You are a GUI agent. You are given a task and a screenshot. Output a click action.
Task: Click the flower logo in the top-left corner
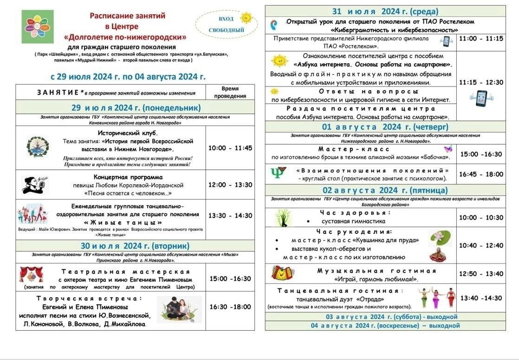38,26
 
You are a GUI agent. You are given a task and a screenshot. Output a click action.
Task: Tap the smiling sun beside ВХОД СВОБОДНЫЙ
246,18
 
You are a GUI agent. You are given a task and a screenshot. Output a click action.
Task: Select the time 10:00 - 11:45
230,148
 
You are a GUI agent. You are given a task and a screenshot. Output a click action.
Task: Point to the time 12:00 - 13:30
230,185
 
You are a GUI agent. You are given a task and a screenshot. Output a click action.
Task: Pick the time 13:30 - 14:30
230,215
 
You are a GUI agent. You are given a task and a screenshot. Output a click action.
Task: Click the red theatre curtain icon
32,275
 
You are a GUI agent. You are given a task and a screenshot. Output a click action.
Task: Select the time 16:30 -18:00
230,307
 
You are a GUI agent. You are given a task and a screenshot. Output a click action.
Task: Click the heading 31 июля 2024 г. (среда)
385,12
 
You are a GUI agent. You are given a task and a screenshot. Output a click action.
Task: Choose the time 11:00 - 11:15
481,39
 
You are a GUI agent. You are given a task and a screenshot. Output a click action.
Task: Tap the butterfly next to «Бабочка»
448,149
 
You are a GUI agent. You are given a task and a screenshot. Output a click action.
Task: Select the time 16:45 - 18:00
481,174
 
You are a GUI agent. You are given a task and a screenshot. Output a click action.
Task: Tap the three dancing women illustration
436,298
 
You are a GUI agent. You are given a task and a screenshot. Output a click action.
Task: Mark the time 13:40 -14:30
481,298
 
